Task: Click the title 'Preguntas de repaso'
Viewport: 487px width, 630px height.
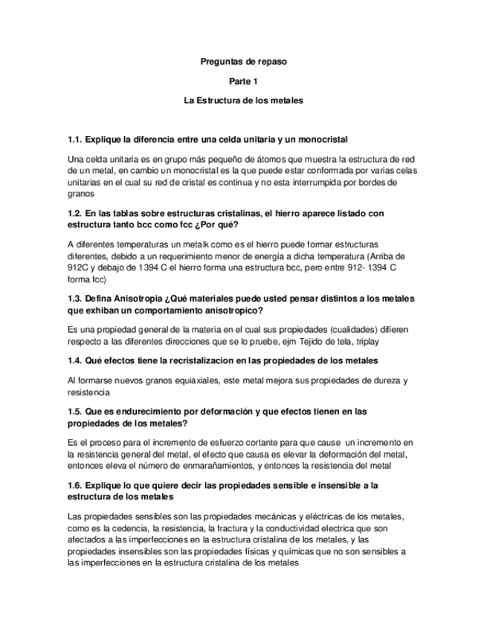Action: pyautogui.click(x=243, y=62)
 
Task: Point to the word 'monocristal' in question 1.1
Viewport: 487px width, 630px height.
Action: pyautogui.click(x=322, y=139)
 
